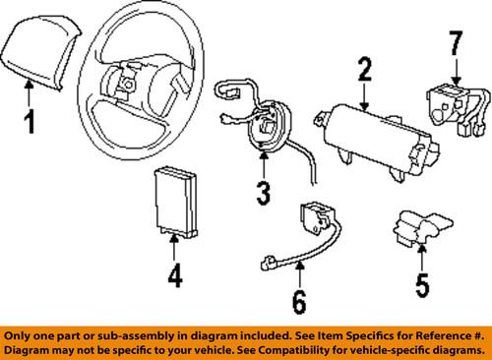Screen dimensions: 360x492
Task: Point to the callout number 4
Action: pyautogui.click(x=174, y=276)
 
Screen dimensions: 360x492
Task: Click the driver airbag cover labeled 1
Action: pyautogui.click(x=37, y=59)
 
